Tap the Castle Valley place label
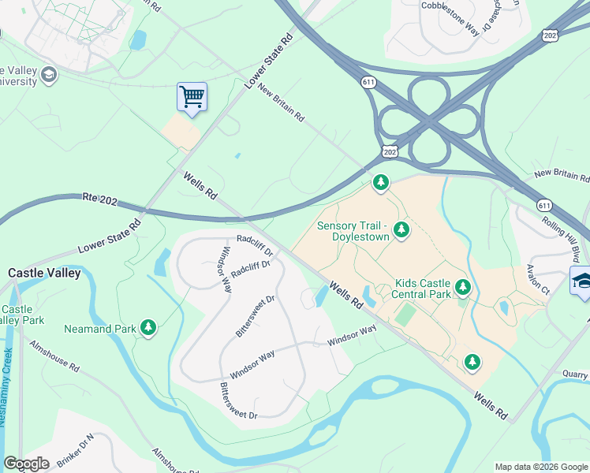click(x=44, y=273)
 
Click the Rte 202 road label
click(x=99, y=201)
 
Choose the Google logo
click(x=27, y=464)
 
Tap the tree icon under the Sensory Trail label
click(x=401, y=229)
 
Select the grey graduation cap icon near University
click(x=48, y=75)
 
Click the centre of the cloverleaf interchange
click(x=428, y=122)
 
